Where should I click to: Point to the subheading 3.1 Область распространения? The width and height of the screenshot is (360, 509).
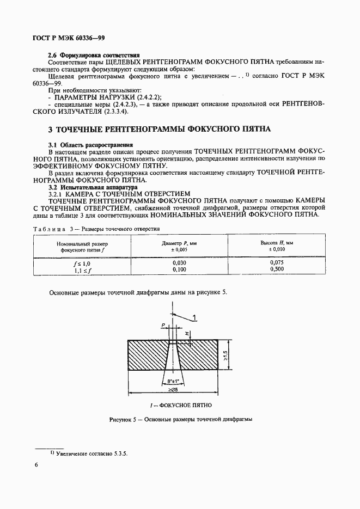click(x=91, y=145)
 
